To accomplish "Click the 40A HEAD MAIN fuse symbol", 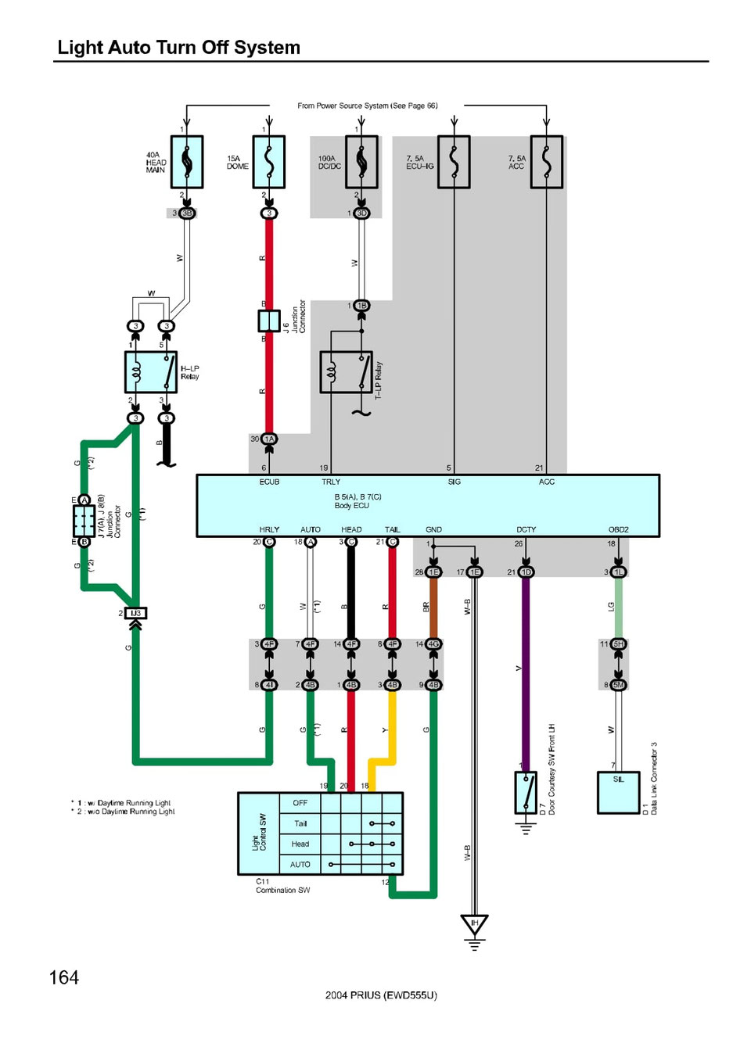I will click(x=187, y=162).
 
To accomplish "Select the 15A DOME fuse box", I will click(x=268, y=162).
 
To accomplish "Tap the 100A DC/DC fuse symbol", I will click(x=361, y=162).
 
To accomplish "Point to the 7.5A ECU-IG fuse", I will click(x=454, y=162).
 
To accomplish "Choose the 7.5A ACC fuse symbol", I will click(x=546, y=162).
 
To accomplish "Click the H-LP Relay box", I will click(x=151, y=372).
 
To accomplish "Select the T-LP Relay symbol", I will click(x=346, y=372).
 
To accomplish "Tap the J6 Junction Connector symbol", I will click(x=269, y=321).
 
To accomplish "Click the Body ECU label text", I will click(x=352, y=506).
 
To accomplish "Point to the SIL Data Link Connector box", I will click(x=618, y=793).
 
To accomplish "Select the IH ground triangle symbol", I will click(x=474, y=926).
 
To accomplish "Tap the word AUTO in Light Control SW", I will click(x=300, y=865).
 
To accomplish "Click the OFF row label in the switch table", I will click(x=300, y=803).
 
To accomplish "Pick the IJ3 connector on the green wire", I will click(x=135, y=613).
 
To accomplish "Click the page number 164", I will click(x=64, y=977).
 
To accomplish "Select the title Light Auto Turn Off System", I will click(x=179, y=48).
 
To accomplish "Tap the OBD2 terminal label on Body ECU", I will click(x=618, y=529).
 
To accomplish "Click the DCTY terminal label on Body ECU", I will click(x=526, y=529).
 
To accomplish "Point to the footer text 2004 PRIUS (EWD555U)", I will click(x=381, y=995).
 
